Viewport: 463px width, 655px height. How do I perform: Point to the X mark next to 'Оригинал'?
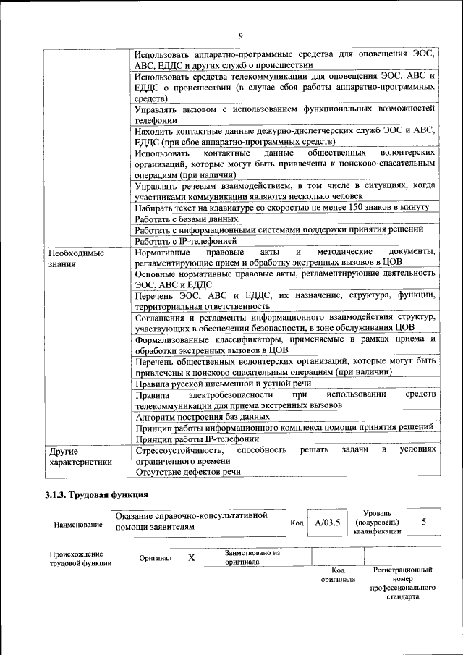click(192, 558)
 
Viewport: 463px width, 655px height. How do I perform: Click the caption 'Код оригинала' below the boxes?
click(338, 575)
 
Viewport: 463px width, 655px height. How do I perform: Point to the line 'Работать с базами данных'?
click(187, 219)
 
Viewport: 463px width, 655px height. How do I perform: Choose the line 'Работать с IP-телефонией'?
click(187, 241)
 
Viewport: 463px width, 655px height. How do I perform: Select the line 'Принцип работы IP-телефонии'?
click(197, 439)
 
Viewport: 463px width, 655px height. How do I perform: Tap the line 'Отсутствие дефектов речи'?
click(188, 472)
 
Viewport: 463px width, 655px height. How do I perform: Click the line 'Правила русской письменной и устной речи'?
click(223, 384)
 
